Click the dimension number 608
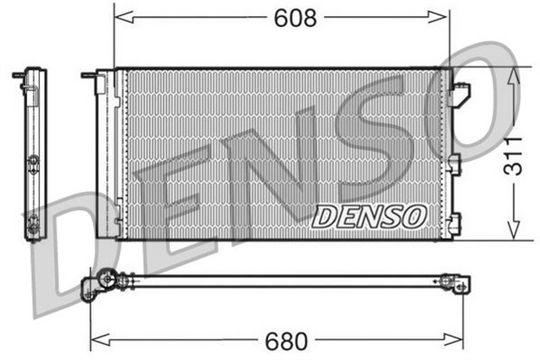tap(294, 17)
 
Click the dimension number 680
tap(287, 341)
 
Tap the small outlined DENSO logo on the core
tap(369, 217)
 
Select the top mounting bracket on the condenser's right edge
tap(460, 94)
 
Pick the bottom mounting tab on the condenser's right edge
tap(456, 224)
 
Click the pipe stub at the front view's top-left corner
tap(89, 75)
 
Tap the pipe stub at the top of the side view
tap(19, 75)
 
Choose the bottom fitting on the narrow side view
tap(33, 224)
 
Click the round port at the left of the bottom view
tap(106, 277)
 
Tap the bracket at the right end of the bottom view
tap(459, 283)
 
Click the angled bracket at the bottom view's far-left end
tap(89, 293)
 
